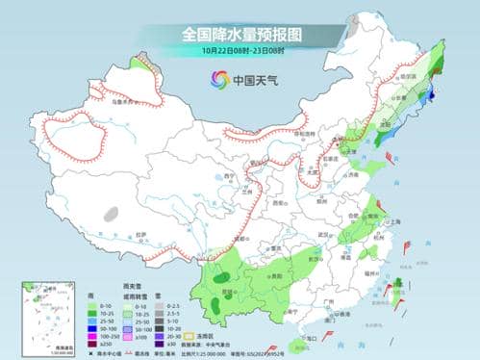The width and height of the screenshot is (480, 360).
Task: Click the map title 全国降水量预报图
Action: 240,33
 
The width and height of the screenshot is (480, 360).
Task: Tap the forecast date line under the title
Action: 240,51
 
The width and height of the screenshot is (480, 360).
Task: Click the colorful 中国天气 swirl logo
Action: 213,80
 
